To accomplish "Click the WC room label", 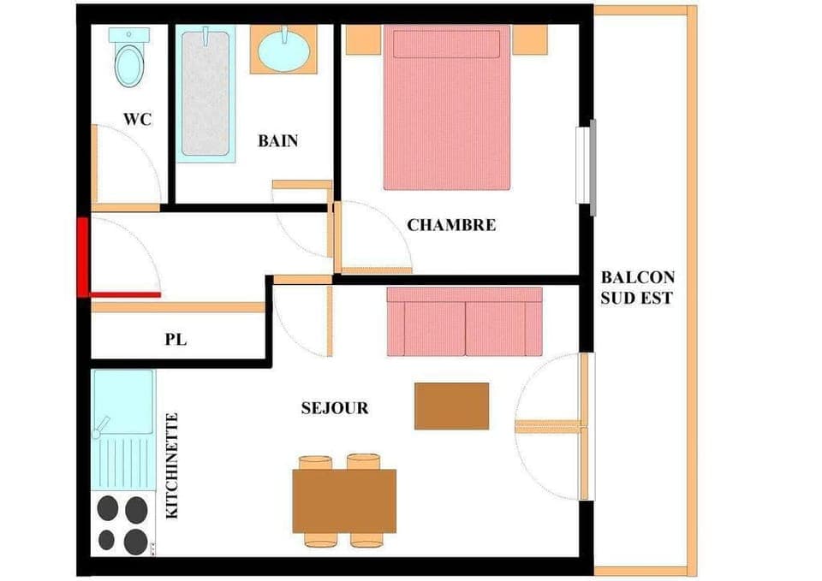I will tap(137, 120).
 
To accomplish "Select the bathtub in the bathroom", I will tap(205, 92).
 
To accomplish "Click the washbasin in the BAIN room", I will tap(283, 50).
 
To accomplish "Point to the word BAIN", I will tap(278, 141).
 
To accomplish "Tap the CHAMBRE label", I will tap(451, 226).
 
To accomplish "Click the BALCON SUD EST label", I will tap(637, 288).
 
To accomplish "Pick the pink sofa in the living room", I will tap(464, 322).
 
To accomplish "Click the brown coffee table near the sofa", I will tap(451, 406).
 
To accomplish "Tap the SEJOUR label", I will tap(335, 408).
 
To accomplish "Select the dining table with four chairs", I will tap(344, 501).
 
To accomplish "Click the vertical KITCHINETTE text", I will tap(172, 465).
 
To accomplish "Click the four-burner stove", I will tap(122, 524).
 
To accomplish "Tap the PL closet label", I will tap(176, 340).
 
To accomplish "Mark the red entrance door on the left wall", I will tap(83, 257).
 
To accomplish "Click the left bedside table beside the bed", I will tap(363, 39).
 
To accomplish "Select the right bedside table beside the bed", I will tap(529, 39).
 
